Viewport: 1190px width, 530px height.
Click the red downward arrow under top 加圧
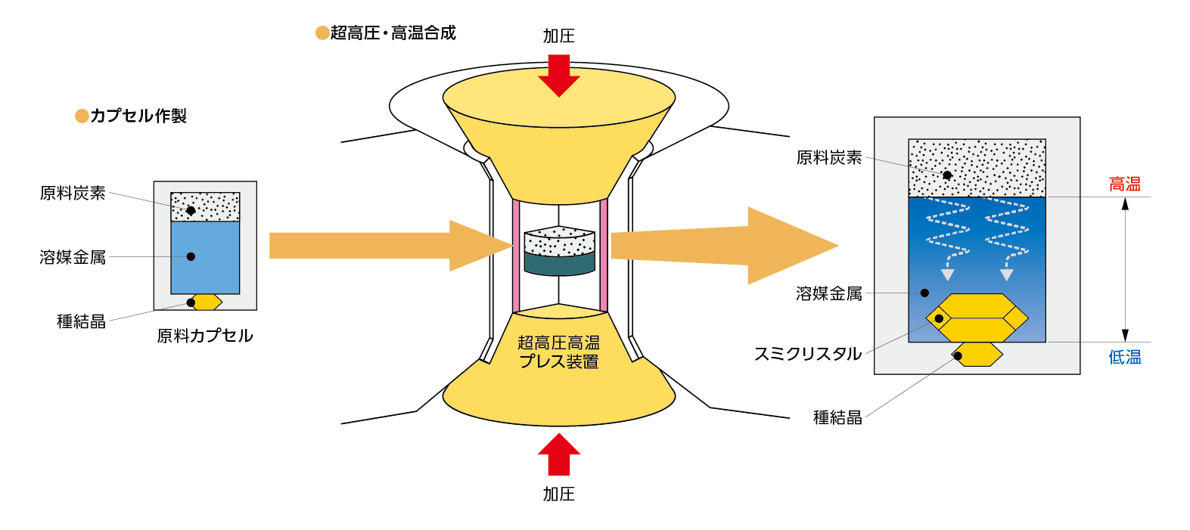[559, 76]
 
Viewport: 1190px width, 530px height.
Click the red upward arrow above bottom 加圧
[559, 453]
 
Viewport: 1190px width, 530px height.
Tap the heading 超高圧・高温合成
[392, 33]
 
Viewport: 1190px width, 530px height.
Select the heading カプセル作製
[138, 116]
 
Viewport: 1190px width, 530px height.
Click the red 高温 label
[1124, 184]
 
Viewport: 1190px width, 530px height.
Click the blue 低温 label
[1124, 357]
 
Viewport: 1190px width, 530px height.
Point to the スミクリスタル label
[807, 354]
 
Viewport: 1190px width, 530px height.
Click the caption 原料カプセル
[204, 336]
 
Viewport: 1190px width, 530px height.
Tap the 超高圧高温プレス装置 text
[558, 352]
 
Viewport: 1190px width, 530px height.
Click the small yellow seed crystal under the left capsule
[207, 302]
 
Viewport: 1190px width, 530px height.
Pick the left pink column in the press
[516, 256]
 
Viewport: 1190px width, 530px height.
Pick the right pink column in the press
[604, 256]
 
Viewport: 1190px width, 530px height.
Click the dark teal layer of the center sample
[559, 264]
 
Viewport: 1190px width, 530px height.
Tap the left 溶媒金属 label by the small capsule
[73, 257]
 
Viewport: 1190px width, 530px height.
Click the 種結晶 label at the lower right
[837, 417]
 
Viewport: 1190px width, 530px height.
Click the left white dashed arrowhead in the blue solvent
[947, 274]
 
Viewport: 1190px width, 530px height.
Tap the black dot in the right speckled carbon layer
[947, 175]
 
